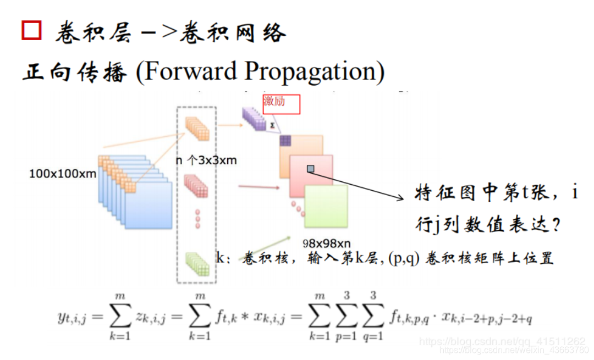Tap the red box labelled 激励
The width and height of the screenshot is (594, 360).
click(x=282, y=104)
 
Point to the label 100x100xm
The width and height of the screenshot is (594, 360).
click(x=63, y=174)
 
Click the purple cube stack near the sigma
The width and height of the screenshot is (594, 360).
click(x=254, y=118)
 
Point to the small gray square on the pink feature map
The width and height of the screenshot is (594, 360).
click(x=310, y=169)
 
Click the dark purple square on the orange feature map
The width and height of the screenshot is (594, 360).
click(x=285, y=140)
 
